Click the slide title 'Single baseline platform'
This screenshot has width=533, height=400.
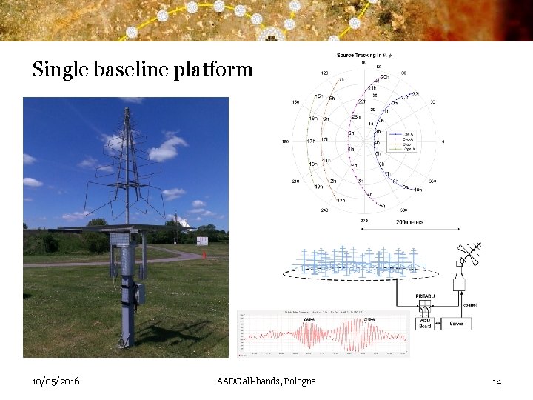142,70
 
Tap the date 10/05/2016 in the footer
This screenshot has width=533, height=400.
56,381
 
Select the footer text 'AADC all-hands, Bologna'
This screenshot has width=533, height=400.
266,381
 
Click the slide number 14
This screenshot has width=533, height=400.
497,381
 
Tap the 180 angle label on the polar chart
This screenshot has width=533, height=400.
285,141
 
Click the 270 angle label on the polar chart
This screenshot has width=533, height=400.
363,220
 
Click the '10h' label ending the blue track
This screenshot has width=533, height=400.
418,190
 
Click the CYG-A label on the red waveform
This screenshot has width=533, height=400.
369,319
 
